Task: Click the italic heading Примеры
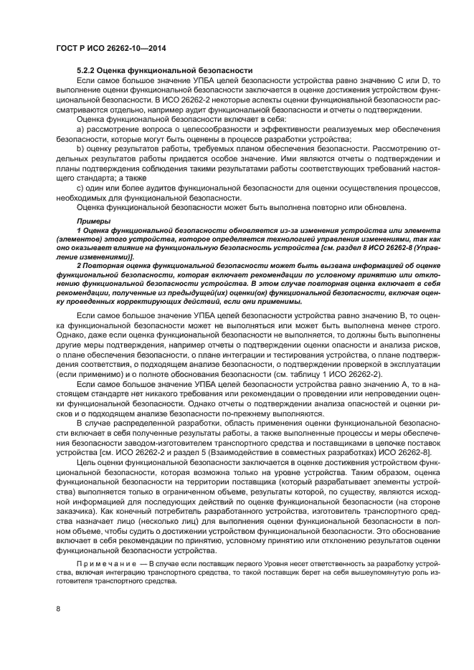click(90, 221)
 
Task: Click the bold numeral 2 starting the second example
click(78, 265)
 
